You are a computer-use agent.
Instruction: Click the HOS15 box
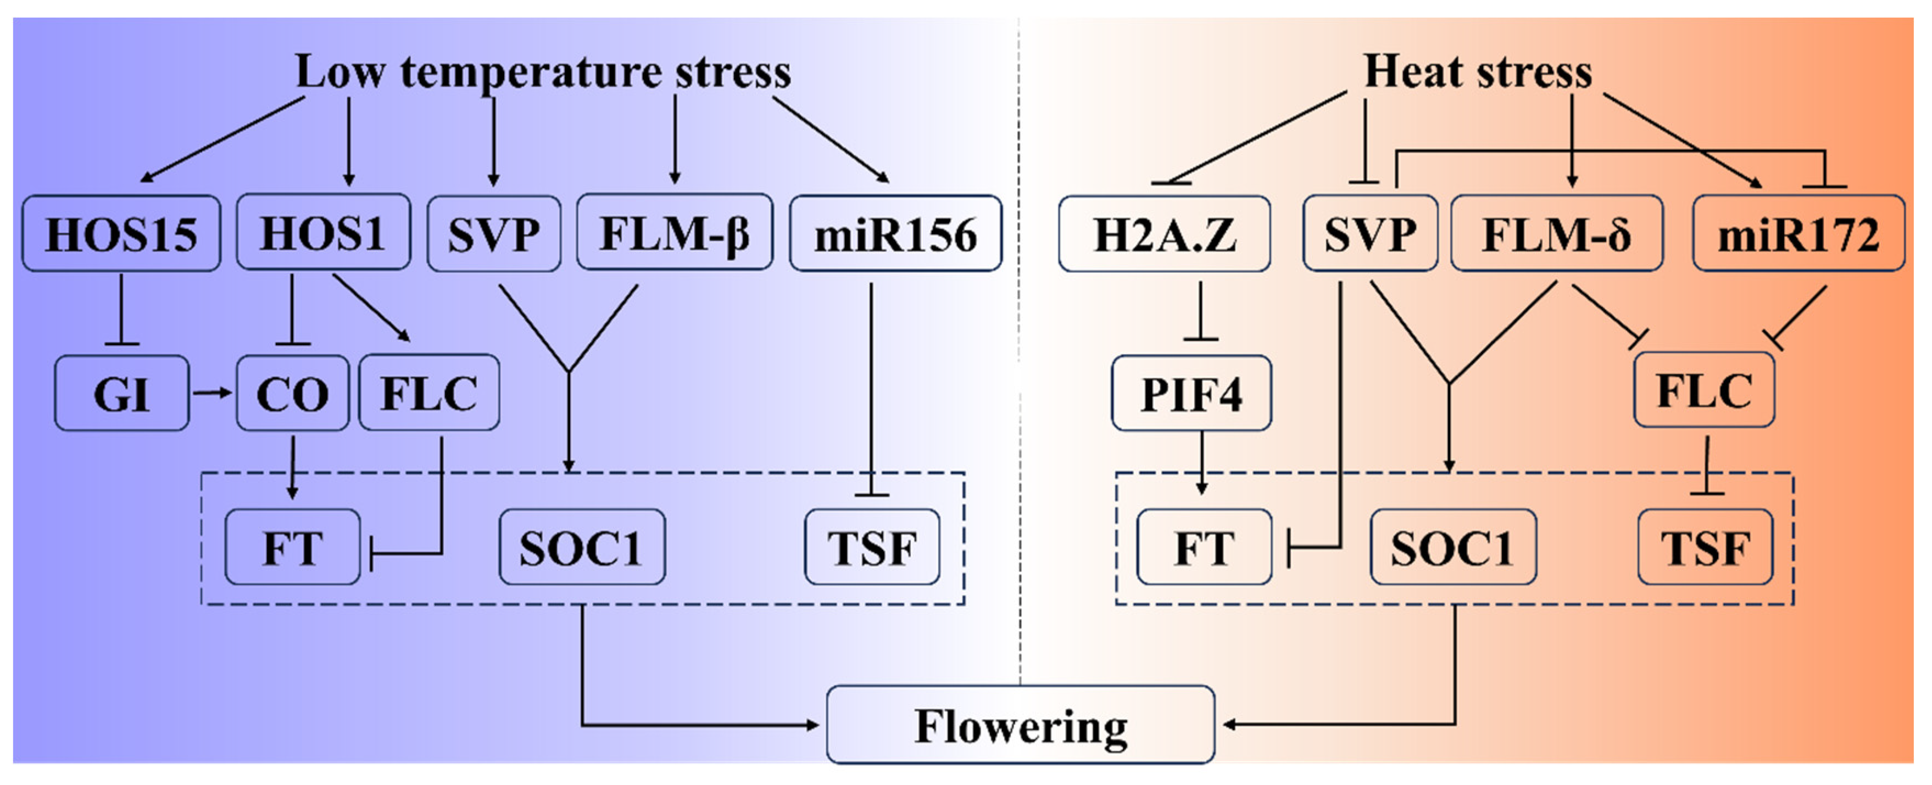click(121, 234)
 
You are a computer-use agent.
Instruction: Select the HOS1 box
click(323, 232)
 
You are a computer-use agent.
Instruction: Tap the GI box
click(121, 394)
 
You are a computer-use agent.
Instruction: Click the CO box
click(292, 394)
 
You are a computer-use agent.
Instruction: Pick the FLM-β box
click(674, 232)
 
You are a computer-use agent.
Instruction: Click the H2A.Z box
click(1164, 234)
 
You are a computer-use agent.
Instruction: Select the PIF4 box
click(1191, 394)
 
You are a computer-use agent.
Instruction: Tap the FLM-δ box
click(1556, 234)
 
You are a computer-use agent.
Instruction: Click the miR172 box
click(1798, 234)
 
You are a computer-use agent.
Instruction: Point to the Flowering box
click(1020, 725)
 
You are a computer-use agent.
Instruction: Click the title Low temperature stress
click(543, 72)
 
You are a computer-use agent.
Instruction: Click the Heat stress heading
click(1478, 72)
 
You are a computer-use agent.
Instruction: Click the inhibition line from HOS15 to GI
click(121, 311)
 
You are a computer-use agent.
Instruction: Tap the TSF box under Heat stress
click(1705, 547)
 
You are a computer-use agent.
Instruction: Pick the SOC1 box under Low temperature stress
click(581, 547)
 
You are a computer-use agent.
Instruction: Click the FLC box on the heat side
click(1703, 390)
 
